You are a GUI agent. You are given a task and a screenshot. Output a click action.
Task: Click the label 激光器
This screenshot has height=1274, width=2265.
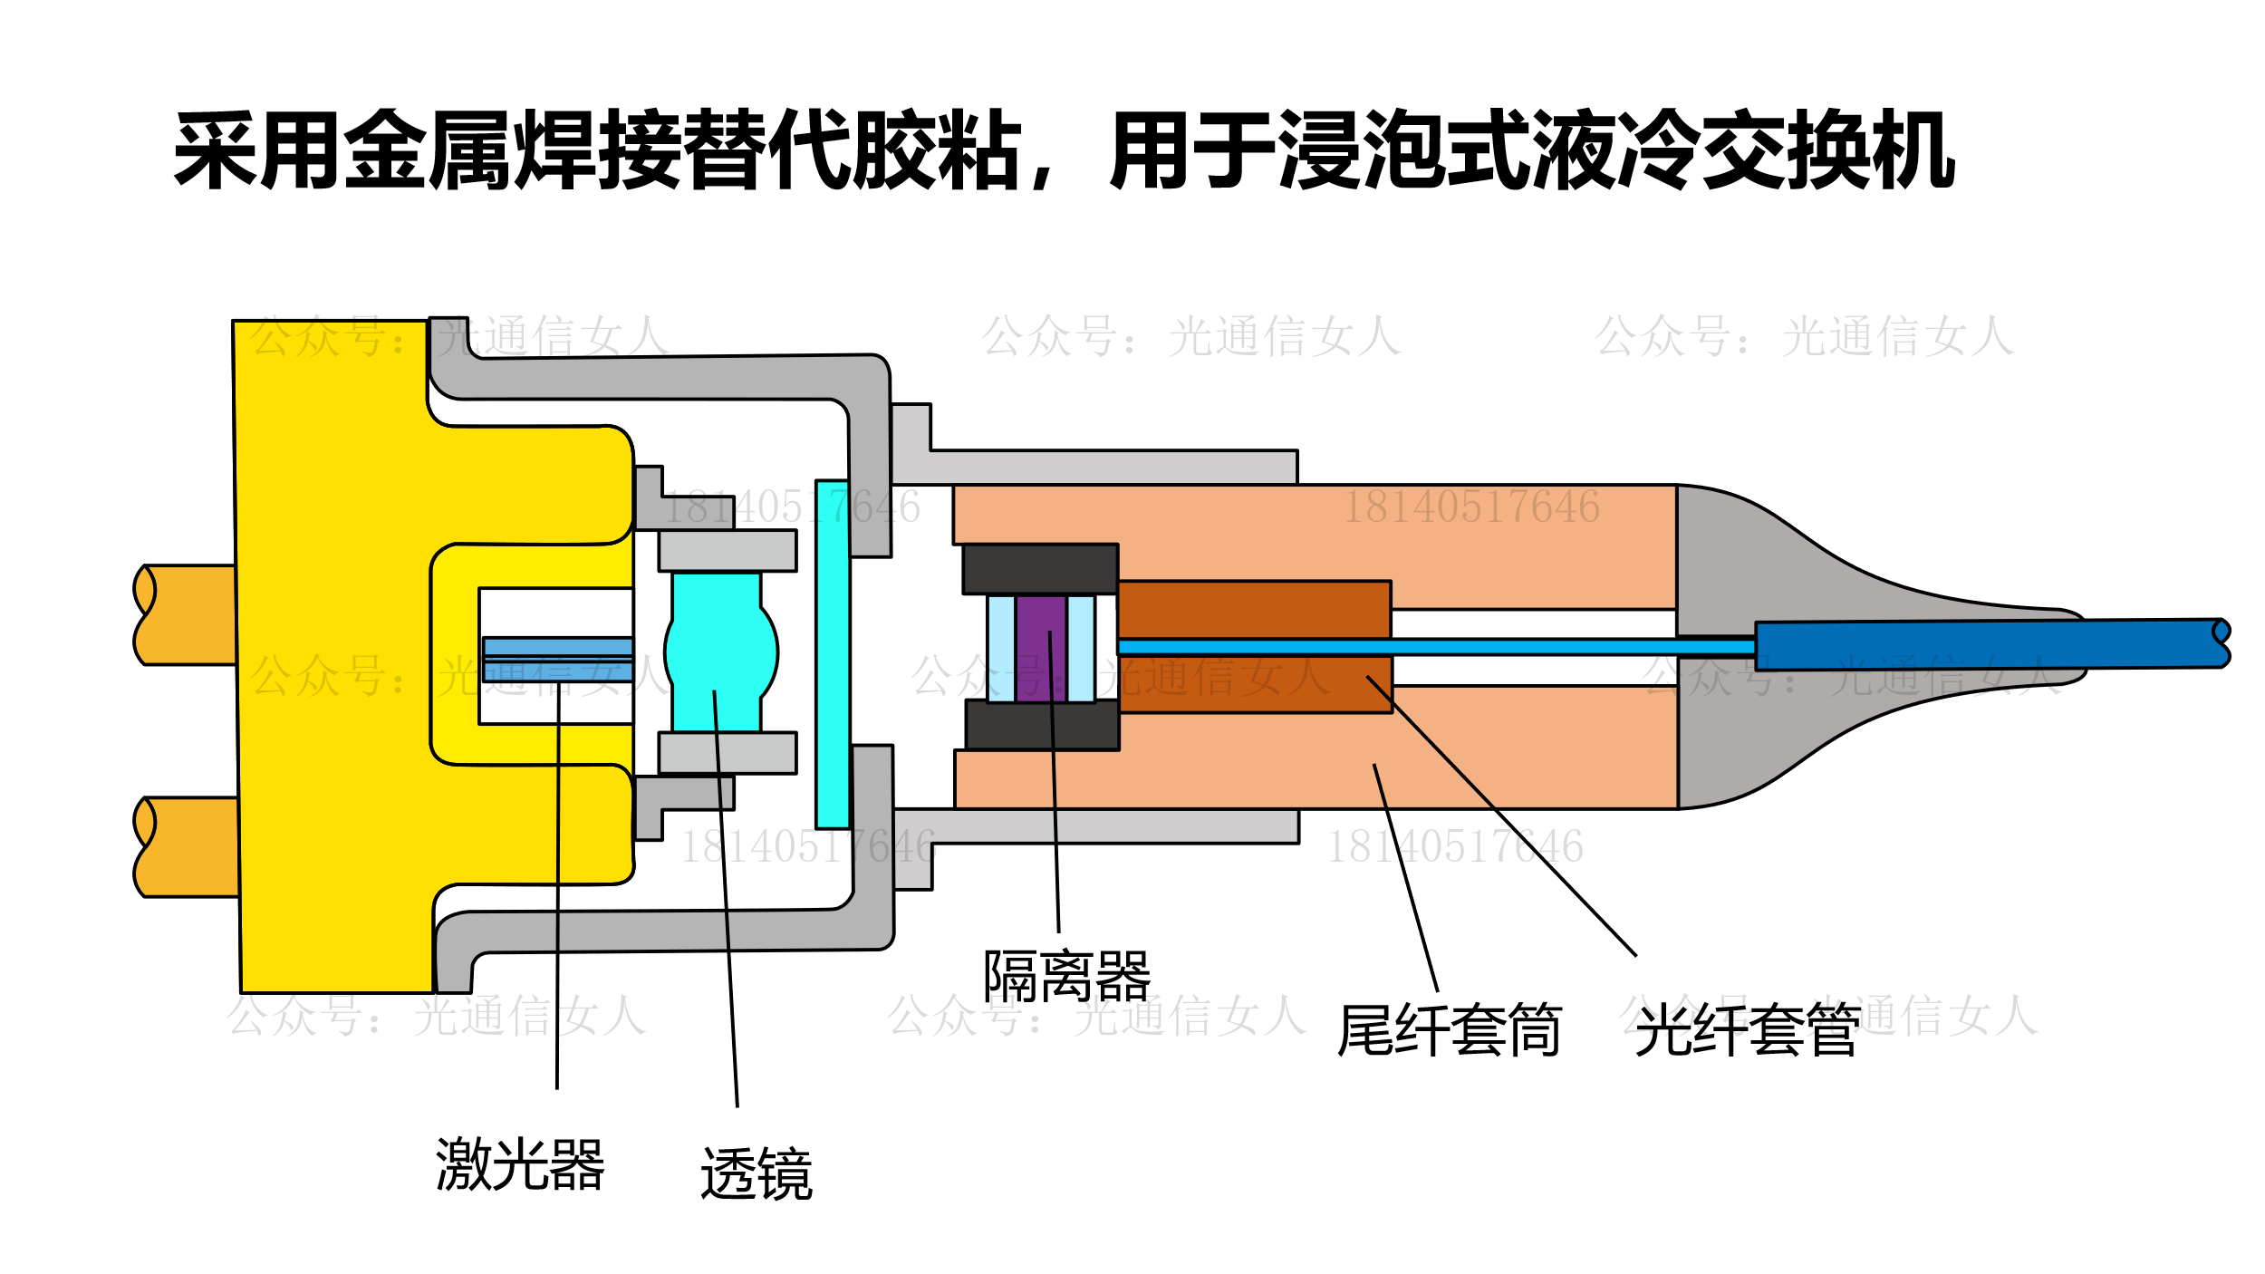click(520, 1164)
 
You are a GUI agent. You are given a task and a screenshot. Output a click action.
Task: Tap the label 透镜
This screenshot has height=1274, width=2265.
click(757, 1174)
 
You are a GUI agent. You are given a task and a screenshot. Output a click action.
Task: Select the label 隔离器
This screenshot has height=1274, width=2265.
click(1067, 977)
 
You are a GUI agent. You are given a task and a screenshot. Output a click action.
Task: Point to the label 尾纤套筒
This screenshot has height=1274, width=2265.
click(1450, 1030)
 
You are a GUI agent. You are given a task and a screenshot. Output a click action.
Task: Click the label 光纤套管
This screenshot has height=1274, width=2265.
click(1748, 1030)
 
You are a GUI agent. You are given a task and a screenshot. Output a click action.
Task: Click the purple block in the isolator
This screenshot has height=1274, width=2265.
click(1041, 648)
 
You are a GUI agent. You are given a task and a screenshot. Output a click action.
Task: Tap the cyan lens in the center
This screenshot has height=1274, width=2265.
click(719, 652)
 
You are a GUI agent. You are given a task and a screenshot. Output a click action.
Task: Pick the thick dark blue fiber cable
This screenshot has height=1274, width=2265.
click(1984, 645)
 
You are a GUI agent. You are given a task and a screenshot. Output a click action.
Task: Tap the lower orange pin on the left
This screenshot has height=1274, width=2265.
click(188, 847)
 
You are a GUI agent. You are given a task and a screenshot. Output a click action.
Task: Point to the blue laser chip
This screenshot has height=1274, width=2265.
click(557, 659)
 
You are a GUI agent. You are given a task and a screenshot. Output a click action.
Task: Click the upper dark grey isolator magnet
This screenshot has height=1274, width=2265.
click(1040, 569)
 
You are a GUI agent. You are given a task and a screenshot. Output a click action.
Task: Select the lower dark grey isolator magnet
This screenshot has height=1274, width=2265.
click(1042, 725)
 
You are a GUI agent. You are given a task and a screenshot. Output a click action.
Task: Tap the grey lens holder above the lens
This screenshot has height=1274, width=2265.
click(728, 551)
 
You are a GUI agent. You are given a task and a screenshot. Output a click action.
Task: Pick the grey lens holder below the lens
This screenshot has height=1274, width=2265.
click(728, 752)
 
